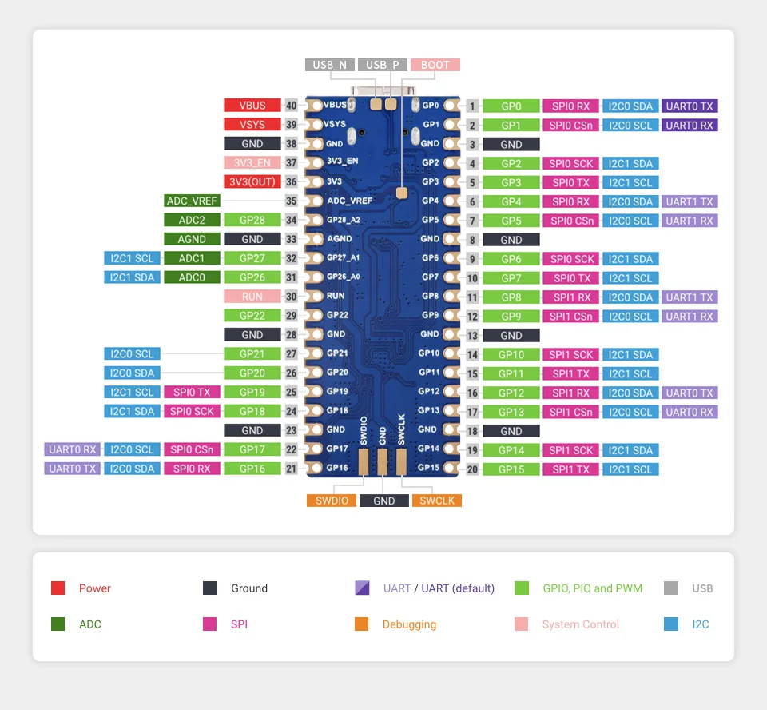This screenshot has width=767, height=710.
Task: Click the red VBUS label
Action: tap(252, 106)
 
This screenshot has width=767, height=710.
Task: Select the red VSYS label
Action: tap(252, 125)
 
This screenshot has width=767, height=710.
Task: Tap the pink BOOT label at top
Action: tap(435, 66)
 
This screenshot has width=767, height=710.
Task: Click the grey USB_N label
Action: tap(329, 66)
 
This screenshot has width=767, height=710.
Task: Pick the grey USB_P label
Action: tap(383, 66)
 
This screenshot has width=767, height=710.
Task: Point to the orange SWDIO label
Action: tap(331, 501)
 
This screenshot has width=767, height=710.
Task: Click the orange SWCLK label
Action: tap(437, 501)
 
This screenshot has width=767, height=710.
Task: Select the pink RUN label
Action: tap(252, 297)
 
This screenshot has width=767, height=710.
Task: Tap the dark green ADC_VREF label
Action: tap(192, 201)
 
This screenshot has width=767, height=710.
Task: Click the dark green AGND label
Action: tap(192, 239)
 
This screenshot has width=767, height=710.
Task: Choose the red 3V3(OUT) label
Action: tap(252, 182)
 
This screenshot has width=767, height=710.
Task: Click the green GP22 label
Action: tap(252, 316)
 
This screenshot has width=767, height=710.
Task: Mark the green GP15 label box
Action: tap(511, 469)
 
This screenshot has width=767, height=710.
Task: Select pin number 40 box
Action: tap(291, 106)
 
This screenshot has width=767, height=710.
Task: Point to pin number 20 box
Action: tap(473, 469)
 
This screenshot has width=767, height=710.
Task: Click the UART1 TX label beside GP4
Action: tap(690, 201)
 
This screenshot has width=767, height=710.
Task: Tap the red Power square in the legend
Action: tap(58, 588)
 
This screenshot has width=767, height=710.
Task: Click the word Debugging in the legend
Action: tap(409, 624)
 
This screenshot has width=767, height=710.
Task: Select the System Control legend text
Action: tap(580, 624)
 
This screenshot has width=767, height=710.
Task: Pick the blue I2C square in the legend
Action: tap(671, 624)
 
